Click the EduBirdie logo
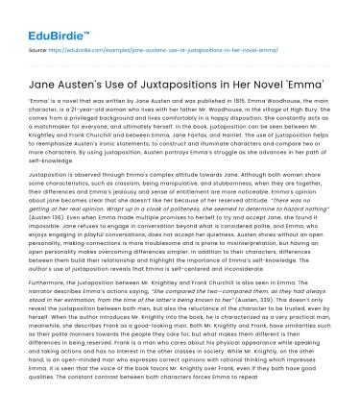(33, 16)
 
